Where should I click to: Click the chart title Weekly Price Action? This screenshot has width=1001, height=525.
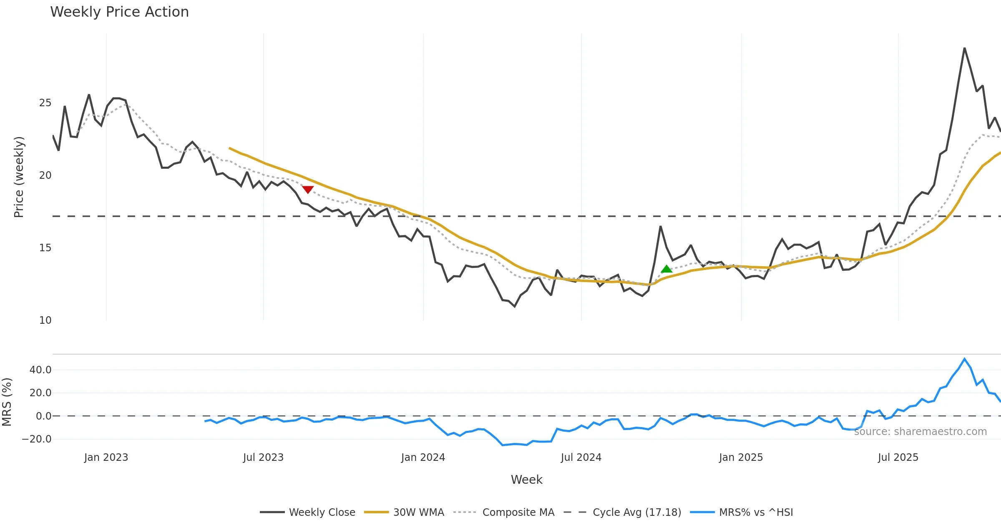click(119, 12)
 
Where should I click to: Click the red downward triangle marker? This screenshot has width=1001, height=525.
click(308, 190)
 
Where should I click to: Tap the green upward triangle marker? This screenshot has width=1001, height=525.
click(666, 269)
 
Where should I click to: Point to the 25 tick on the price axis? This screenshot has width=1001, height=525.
click(45, 103)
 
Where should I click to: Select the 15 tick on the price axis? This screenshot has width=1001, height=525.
click(45, 248)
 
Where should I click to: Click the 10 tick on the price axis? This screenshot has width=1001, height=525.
click(45, 320)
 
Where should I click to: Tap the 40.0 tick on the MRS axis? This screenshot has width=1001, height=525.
click(40, 370)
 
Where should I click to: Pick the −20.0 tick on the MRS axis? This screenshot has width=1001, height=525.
click(37, 439)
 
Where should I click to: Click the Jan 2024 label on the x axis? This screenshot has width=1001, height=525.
click(423, 457)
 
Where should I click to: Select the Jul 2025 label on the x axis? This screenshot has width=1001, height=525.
click(898, 457)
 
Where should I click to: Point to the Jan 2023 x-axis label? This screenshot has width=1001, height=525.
click(106, 457)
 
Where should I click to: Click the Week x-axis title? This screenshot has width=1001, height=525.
click(526, 480)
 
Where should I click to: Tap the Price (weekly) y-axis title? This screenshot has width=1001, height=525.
click(19, 177)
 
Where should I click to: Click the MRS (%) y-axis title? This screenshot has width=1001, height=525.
click(7, 402)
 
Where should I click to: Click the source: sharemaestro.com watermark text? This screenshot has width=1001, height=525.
click(920, 432)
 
